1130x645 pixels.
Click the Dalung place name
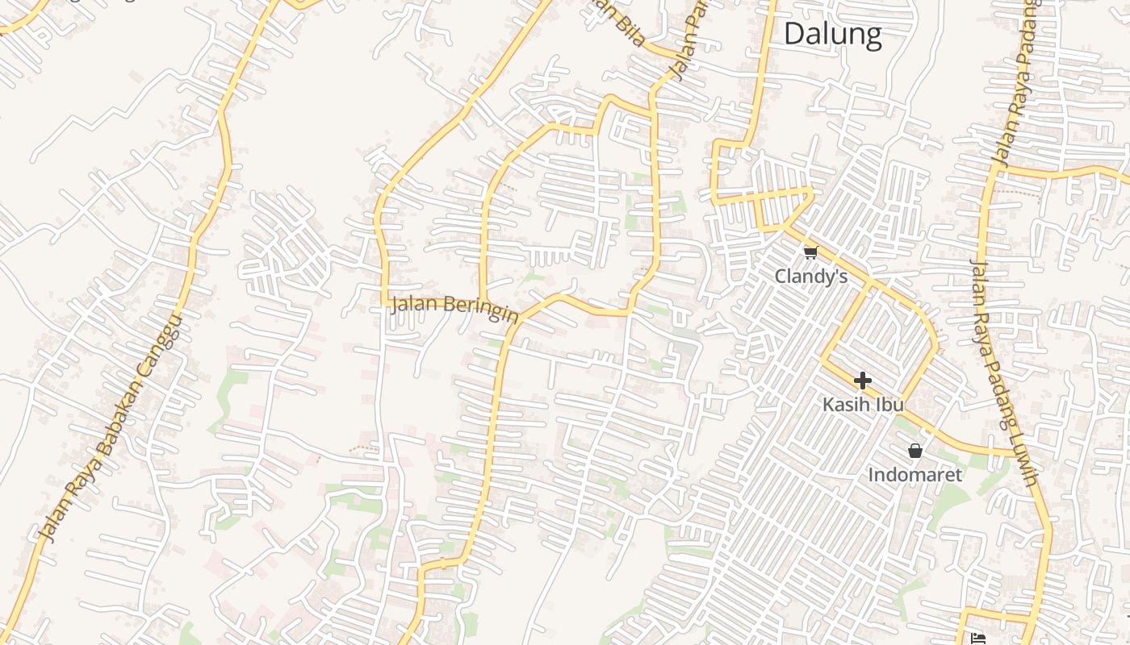(832, 34)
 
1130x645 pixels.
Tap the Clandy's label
(810, 277)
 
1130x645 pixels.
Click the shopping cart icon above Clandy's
(810, 253)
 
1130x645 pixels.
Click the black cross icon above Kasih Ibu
(863, 380)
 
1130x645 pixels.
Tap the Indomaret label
(914, 475)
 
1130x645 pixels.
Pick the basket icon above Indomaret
(914, 451)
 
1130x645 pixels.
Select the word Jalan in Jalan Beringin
(416, 305)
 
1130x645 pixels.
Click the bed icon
(980, 639)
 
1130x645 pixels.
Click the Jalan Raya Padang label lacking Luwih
(1016, 85)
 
